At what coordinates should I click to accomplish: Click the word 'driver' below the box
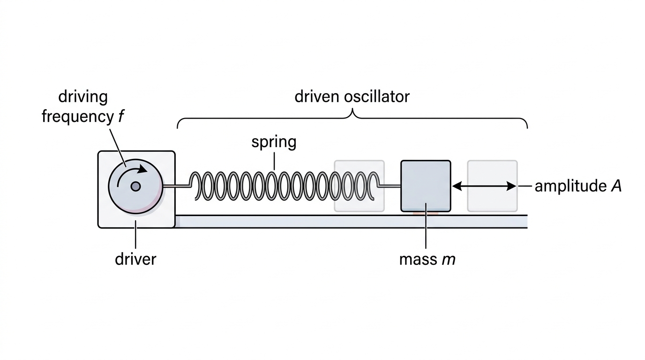[135, 259]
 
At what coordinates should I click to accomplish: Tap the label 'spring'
[274, 142]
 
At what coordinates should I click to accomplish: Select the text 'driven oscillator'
[352, 97]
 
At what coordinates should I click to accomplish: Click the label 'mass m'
[427, 260]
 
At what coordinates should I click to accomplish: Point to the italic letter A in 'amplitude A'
[616, 186]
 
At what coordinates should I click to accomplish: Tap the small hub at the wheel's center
[135, 187]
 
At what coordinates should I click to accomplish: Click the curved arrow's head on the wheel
[142, 169]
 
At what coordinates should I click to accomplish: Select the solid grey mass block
[426, 186]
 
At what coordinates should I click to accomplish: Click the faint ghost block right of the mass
[492, 186]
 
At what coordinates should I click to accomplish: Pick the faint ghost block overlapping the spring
[359, 186]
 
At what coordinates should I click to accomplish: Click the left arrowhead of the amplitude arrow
[457, 186]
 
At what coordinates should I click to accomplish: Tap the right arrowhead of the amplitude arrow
[511, 186]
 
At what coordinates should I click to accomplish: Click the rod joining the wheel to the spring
[176, 186]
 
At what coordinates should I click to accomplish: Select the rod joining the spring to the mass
[390, 186]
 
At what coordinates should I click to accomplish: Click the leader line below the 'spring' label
[274, 161]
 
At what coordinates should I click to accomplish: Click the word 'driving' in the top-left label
[83, 97]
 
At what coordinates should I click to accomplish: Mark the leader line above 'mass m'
[426, 225]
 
